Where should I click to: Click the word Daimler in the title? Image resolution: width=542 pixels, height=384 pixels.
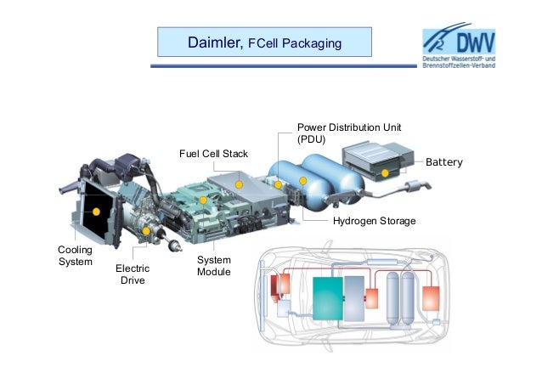coord(215,42)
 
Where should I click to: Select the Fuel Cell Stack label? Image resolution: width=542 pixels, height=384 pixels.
coord(212,154)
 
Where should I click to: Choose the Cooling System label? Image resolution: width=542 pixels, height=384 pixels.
coord(74,256)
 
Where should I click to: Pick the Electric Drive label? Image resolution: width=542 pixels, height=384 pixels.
coord(132,274)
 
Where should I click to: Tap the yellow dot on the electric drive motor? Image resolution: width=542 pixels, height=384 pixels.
coord(146,230)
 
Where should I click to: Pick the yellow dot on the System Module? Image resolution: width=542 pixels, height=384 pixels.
coord(202,200)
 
